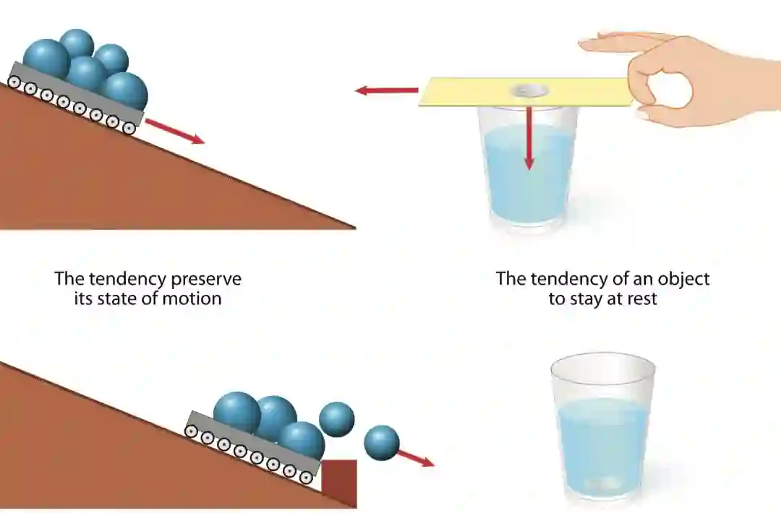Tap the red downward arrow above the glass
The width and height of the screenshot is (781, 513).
tap(529, 137)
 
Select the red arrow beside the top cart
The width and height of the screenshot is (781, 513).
tap(174, 131)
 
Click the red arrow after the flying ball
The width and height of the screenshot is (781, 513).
tap(415, 458)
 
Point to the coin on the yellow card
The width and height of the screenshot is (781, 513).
tap(529, 90)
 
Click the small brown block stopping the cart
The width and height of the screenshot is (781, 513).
tap(339, 482)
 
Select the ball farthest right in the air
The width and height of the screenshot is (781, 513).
tap(382, 442)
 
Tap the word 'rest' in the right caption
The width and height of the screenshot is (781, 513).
tap(639, 298)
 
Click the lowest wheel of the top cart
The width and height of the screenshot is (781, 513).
tap(129, 128)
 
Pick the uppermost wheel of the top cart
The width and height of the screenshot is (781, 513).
tap(14, 82)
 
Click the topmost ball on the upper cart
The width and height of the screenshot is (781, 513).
tap(77, 43)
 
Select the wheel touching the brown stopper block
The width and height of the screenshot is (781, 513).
tap(306, 477)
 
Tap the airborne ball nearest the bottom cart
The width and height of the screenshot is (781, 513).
tap(337, 418)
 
